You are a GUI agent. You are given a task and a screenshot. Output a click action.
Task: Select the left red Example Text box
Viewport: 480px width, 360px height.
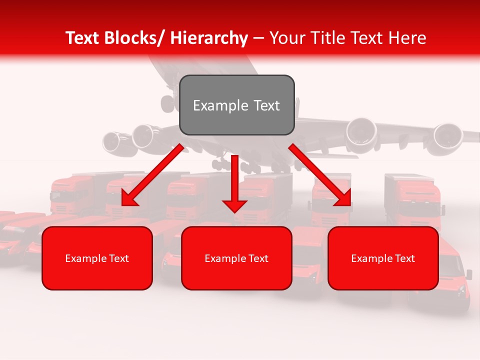[97, 258]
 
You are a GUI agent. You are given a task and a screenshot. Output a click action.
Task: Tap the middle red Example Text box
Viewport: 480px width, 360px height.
[236, 258]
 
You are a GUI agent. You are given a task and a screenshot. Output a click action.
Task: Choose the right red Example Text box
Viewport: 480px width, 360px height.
[383, 258]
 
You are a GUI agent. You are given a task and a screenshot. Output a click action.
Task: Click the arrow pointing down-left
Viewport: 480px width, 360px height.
[152, 175]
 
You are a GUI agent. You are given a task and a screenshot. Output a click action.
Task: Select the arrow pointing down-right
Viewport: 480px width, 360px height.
[320, 175]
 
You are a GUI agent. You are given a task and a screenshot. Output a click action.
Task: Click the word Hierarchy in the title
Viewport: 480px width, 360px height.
[208, 38]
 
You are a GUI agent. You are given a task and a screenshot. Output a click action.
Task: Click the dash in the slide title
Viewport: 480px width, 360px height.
[258, 38]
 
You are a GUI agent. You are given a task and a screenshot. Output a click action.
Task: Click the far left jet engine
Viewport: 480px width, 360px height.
[114, 141]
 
